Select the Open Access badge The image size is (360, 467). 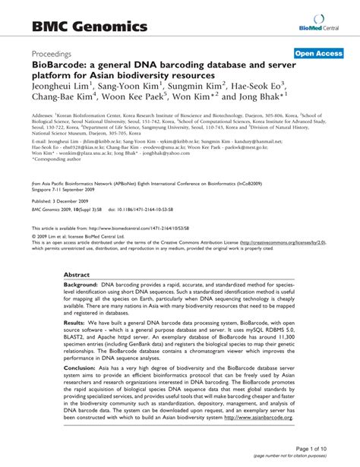point(320,54)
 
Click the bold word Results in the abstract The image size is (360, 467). point(78,323)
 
